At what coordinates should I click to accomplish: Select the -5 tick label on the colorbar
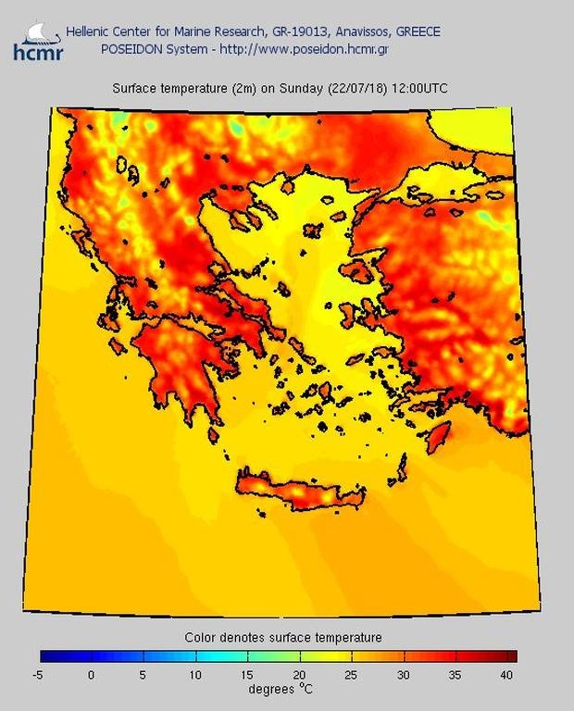[x=37, y=675]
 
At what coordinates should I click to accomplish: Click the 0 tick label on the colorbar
[x=91, y=675]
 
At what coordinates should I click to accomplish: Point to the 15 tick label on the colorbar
[x=247, y=675]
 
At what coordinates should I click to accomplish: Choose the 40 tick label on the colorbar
[x=507, y=675]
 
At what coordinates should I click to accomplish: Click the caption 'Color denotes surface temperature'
[x=282, y=637]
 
